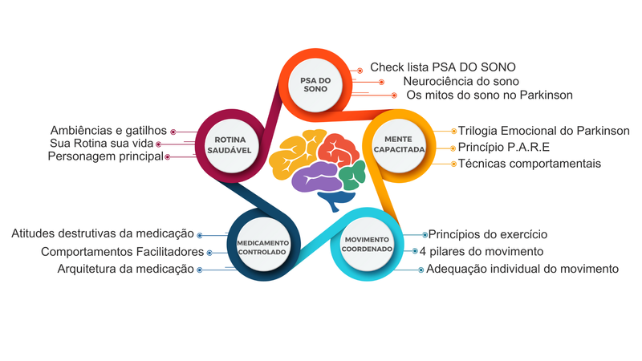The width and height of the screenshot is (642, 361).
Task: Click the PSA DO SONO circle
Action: pyautogui.click(x=315, y=85)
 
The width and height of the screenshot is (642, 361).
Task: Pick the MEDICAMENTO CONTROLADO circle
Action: pyautogui.click(x=262, y=248)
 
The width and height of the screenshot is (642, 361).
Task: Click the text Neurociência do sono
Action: pyautogui.click(x=461, y=81)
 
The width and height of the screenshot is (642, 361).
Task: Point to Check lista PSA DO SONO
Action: pyautogui.click(x=442, y=67)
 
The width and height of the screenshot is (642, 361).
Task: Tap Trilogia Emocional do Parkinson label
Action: pyautogui.click(x=543, y=131)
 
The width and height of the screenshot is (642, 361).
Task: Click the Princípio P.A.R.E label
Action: pyautogui.click(x=503, y=148)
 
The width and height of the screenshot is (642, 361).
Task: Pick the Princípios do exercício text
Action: pyautogui.click(x=487, y=234)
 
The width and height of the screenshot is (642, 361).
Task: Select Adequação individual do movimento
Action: pyautogui.click(x=522, y=269)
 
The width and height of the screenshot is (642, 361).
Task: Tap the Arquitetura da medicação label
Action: pyautogui.click(x=125, y=269)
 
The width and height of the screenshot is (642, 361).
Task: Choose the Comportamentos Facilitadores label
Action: pyautogui.click(x=122, y=252)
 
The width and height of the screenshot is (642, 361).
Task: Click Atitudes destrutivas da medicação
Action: pyautogui.click(x=103, y=234)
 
